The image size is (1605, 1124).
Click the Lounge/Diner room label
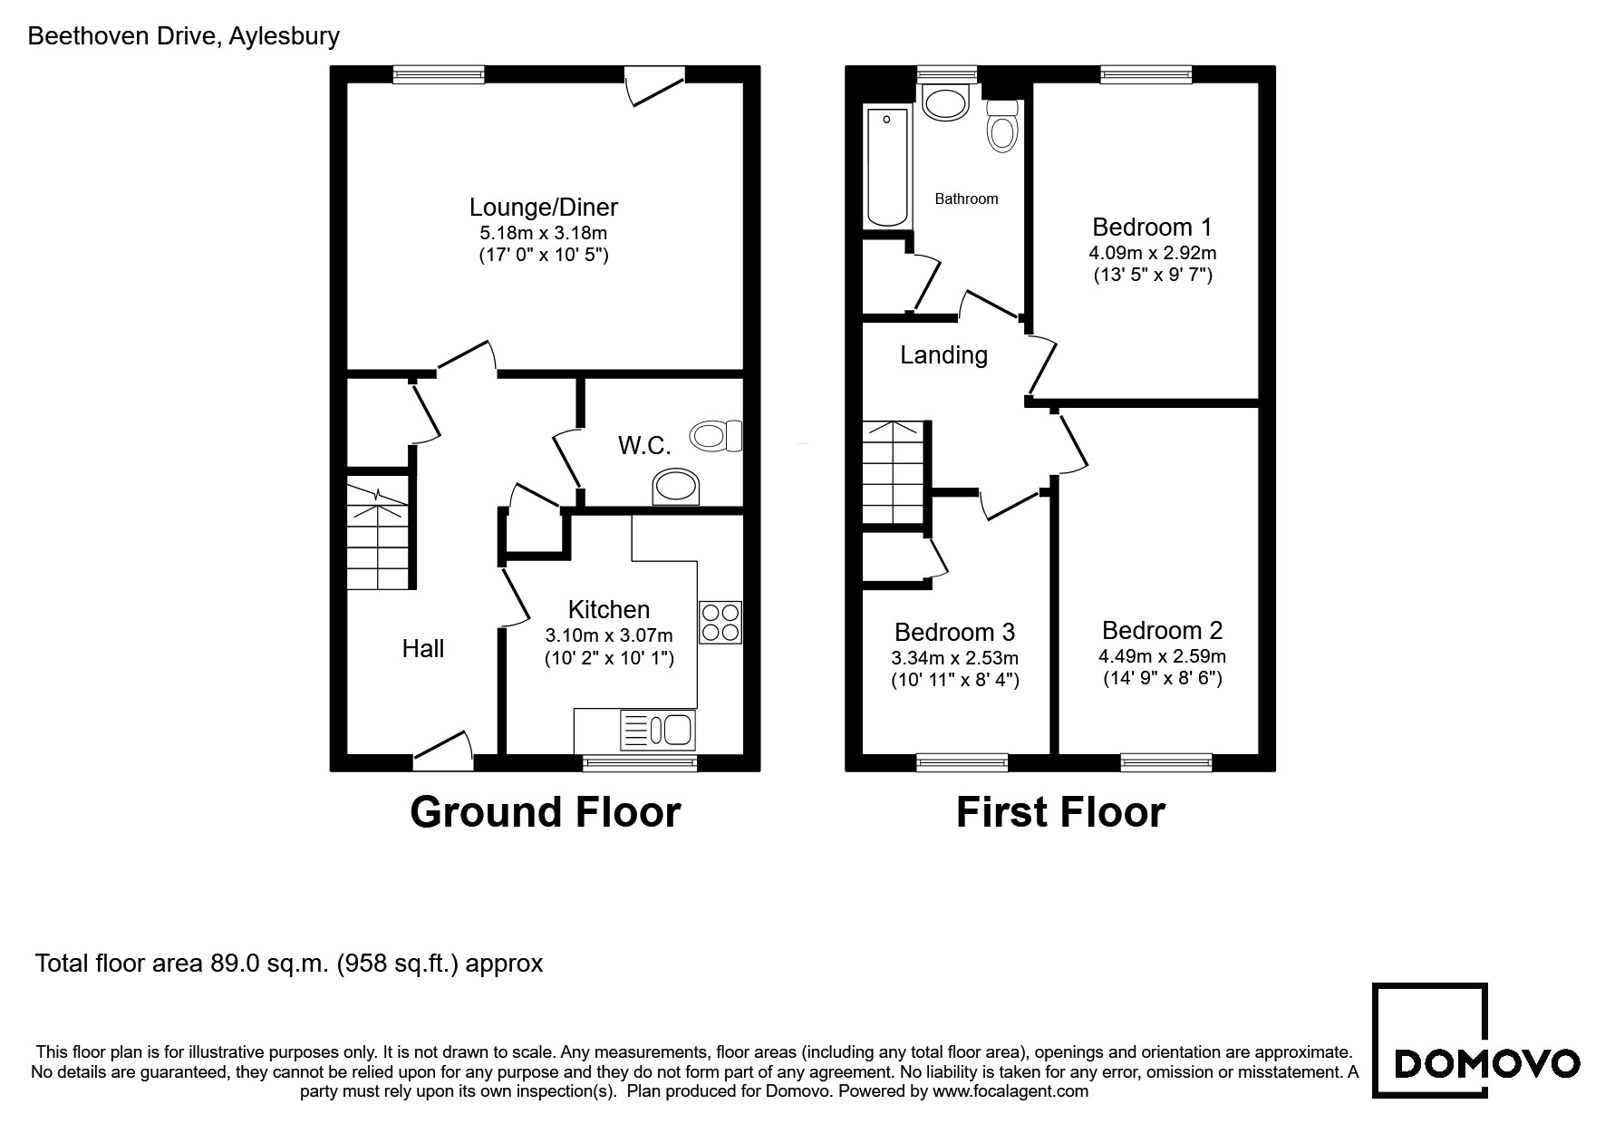(544, 208)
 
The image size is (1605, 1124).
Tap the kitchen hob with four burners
(720, 622)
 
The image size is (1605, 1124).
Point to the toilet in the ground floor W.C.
(716, 436)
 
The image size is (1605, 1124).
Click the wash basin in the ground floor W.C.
(676, 487)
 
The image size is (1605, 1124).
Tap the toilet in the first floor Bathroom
(1002, 125)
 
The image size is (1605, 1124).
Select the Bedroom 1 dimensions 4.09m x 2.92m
(1153, 253)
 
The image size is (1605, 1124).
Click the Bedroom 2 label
(1163, 630)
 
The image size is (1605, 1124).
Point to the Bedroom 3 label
(954, 632)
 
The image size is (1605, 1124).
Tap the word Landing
(943, 355)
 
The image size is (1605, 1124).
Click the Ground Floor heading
(546, 811)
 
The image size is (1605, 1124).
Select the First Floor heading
(1060, 811)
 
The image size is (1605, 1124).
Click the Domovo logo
(1476, 1040)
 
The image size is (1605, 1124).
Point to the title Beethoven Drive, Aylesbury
(184, 36)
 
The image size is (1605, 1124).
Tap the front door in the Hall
(444, 751)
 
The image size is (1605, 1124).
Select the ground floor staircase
(378, 534)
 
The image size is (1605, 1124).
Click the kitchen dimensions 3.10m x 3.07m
(609, 635)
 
